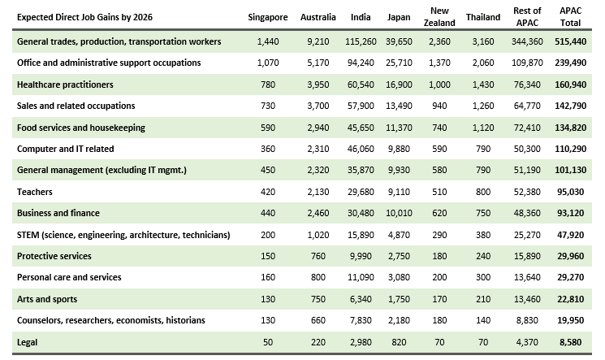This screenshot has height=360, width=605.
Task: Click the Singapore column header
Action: (x=268, y=17)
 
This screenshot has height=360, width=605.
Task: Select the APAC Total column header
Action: (x=570, y=17)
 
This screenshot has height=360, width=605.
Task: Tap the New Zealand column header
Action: (x=439, y=17)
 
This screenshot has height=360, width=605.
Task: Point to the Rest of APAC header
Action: (x=527, y=17)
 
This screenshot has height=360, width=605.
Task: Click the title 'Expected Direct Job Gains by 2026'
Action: (x=85, y=17)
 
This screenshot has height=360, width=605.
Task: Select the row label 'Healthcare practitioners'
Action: (x=65, y=85)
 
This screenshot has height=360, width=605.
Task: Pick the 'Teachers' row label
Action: (x=35, y=192)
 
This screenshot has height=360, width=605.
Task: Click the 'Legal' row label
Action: (x=27, y=342)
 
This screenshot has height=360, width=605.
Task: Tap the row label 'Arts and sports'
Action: (x=47, y=299)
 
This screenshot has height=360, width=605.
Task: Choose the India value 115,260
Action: (x=361, y=41)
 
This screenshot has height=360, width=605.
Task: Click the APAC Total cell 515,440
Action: (x=571, y=41)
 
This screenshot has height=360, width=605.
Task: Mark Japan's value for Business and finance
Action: (x=399, y=213)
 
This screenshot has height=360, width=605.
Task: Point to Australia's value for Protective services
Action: (x=318, y=256)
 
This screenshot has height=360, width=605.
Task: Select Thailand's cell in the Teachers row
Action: (x=483, y=192)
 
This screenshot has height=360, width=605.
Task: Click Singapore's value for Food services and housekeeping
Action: (x=268, y=128)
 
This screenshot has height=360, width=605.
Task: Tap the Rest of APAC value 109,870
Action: (x=527, y=63)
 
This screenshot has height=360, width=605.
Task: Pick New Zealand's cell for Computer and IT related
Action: (x=439, y=149)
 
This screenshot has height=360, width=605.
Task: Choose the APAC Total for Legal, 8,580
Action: (x=571, y=342)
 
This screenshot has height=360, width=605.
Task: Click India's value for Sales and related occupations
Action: (x=361, y=106)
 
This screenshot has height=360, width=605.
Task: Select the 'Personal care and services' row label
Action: (x=69, y=277)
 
